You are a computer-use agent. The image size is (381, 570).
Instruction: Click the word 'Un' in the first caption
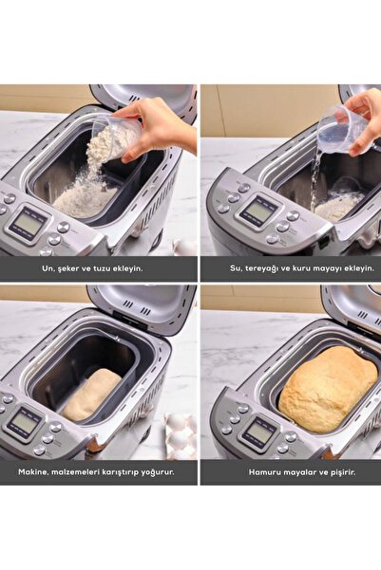pos(47,268)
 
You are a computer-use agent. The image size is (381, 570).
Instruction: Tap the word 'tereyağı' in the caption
pos(260,269)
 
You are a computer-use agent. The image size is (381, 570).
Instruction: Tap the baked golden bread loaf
pos(328,390)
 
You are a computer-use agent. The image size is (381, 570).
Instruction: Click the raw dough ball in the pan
pos(91,395)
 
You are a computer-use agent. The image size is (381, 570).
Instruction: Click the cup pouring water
pos(342,128)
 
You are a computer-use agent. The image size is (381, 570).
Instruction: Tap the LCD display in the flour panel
pos(28,224)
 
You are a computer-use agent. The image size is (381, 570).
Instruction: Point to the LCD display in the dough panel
pos(24,424)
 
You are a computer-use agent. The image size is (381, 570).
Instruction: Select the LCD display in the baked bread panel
pos(259,432)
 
